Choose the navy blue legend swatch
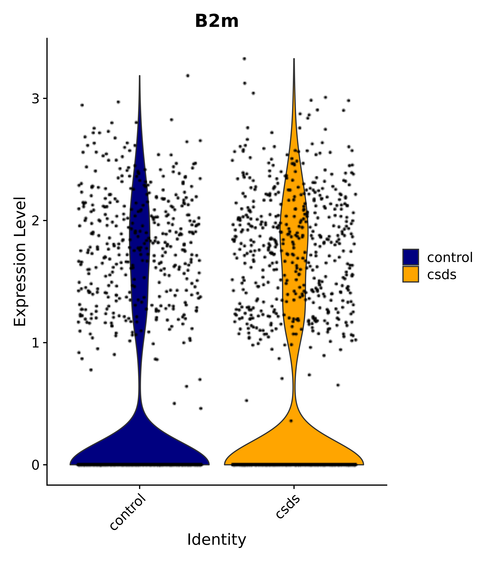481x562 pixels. tap(410, 257)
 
